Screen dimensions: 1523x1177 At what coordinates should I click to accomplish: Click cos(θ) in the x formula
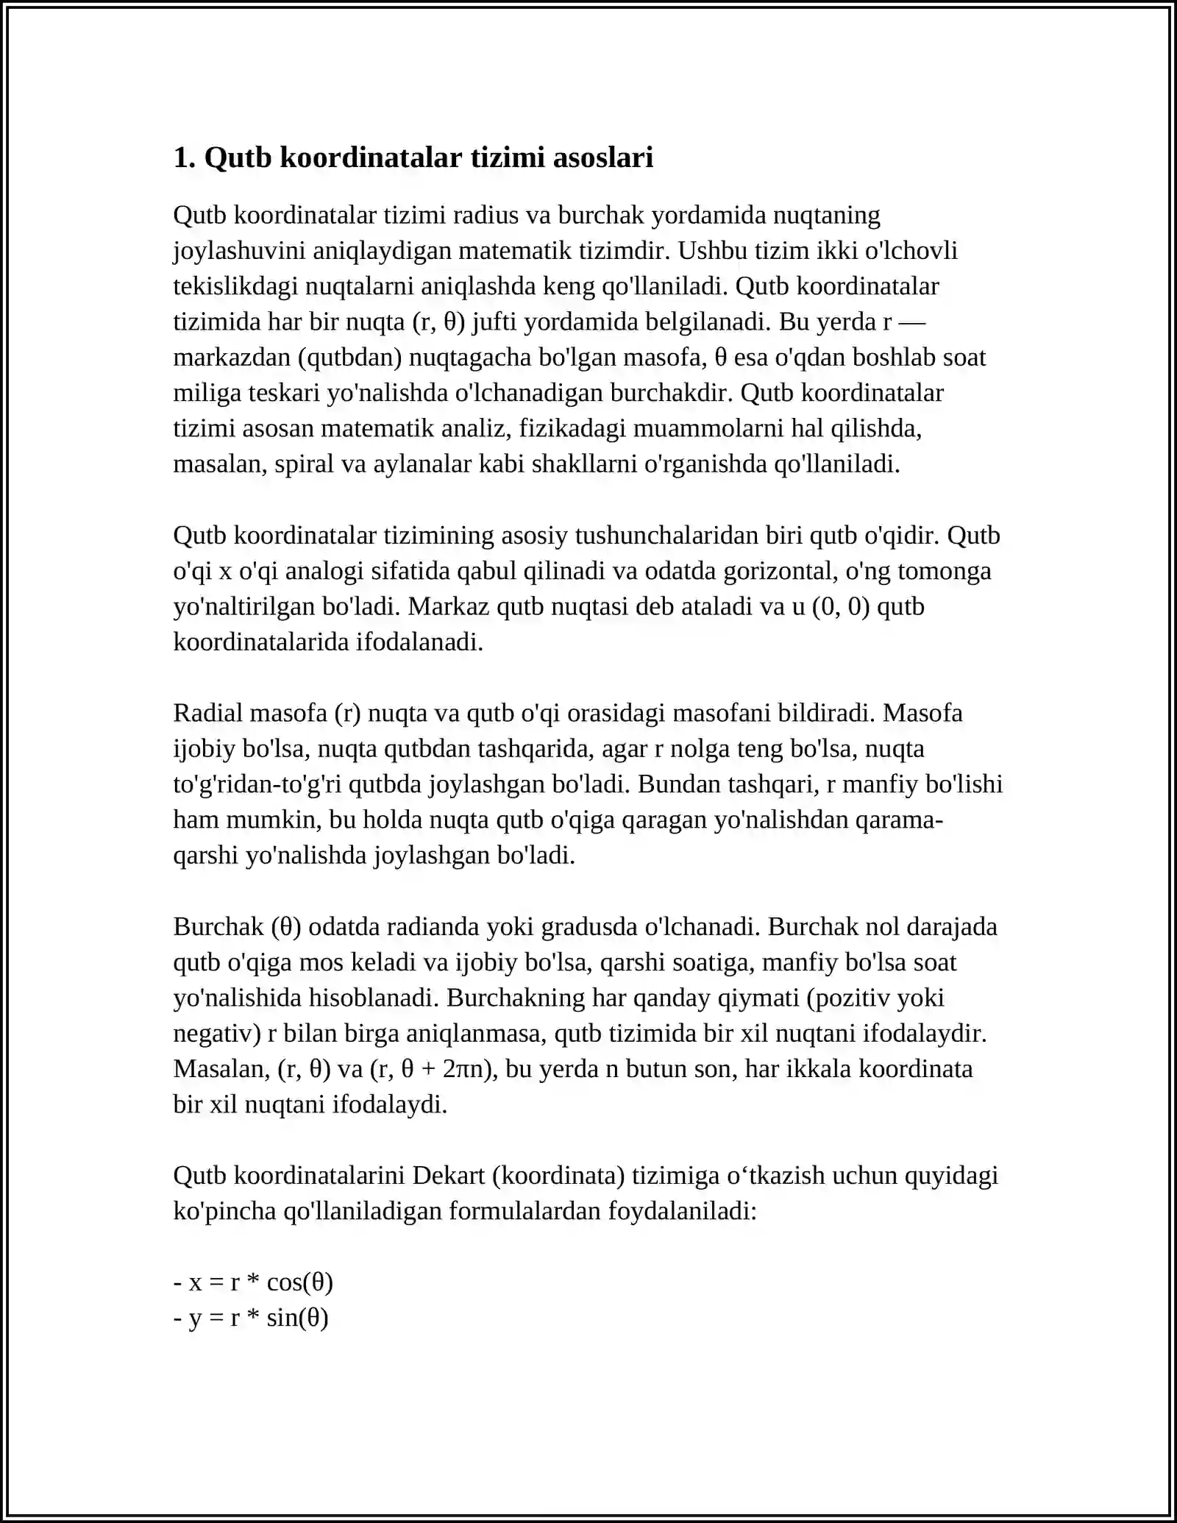(299, 1282)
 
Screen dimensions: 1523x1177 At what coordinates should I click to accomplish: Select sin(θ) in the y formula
(297, 1317)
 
